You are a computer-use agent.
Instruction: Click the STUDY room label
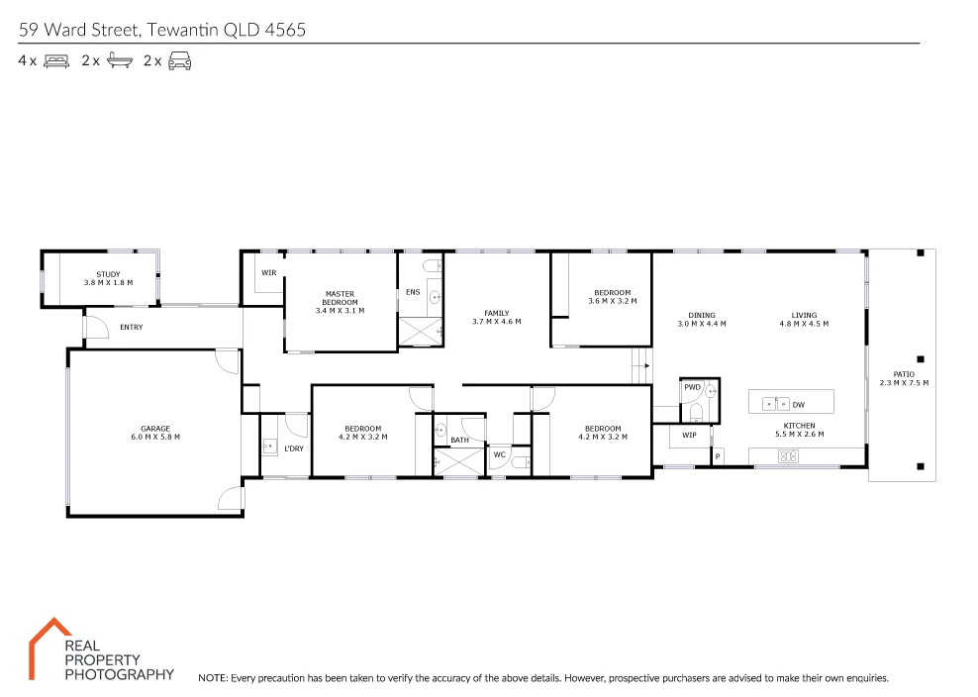pos(108,278)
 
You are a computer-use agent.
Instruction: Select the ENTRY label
pos(131,327)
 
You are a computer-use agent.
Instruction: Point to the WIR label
pos(268,272)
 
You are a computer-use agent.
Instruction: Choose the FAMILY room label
pos(496,318)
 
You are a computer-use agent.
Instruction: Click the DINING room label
pos(702,320)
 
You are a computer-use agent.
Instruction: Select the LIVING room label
pos(804,320)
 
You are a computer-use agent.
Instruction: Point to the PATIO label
pos(904,378)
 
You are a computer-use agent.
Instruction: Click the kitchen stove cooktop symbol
pos(789,456)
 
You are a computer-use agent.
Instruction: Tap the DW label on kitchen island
pos(799,404)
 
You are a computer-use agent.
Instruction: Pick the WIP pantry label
pos(689,435)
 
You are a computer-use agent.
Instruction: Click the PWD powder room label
pos(692,387)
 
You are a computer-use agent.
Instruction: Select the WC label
pos(500,454)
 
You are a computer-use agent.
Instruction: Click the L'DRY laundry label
pos(293,448)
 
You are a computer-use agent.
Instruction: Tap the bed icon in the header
pos(55,61)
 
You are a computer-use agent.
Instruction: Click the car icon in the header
pos(179,61)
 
